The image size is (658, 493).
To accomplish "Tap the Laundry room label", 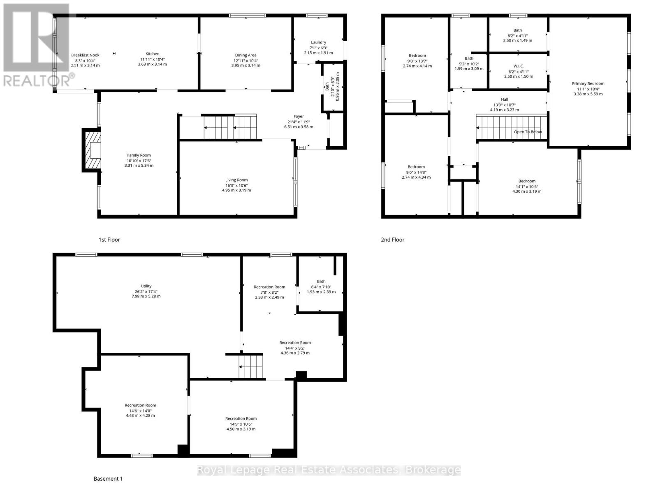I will [x=318, y=42].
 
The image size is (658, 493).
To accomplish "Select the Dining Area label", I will [x=246, y=55].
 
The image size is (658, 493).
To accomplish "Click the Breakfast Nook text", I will [x=85, y=55].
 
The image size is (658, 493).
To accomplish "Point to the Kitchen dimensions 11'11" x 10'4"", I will [x=152, y=59].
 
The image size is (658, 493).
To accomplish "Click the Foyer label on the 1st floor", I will [x=299, y=117].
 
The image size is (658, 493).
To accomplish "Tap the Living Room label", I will [x=236, y=180].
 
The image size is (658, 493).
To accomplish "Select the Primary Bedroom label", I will [x=588, y=83].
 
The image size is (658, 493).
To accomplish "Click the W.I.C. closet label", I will [x=518, y=66].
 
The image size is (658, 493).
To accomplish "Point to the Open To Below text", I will [x=528, y=132].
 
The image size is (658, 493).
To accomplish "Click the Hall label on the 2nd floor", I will [x=504, y=99].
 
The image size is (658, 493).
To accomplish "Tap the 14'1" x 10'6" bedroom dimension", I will [x=527, y=186].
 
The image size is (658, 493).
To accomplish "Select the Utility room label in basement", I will [x=146, y=286].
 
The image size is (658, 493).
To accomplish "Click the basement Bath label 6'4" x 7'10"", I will [x=321, y=281].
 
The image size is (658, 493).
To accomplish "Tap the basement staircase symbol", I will [x=250, y=366].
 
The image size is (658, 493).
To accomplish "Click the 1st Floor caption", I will [x=109, y=240].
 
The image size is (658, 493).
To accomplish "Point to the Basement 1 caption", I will [x=108, y=479].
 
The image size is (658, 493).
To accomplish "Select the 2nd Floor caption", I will [x=392, y=240].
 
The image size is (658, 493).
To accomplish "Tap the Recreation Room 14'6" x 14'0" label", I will [x=140, y=405].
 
